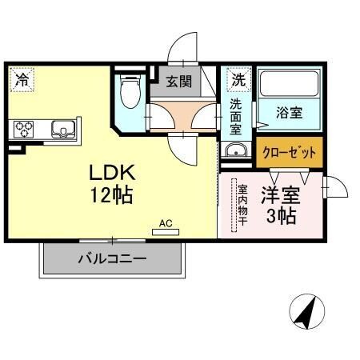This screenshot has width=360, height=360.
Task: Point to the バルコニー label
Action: (111, 260)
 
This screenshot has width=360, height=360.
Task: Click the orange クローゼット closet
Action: (290, 152)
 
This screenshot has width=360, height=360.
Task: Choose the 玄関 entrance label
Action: (178, 80)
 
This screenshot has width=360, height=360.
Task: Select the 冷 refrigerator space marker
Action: (22, 80)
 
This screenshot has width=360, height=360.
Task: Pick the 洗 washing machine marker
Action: (238, 80)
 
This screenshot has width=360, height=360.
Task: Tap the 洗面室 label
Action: (237, 115)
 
